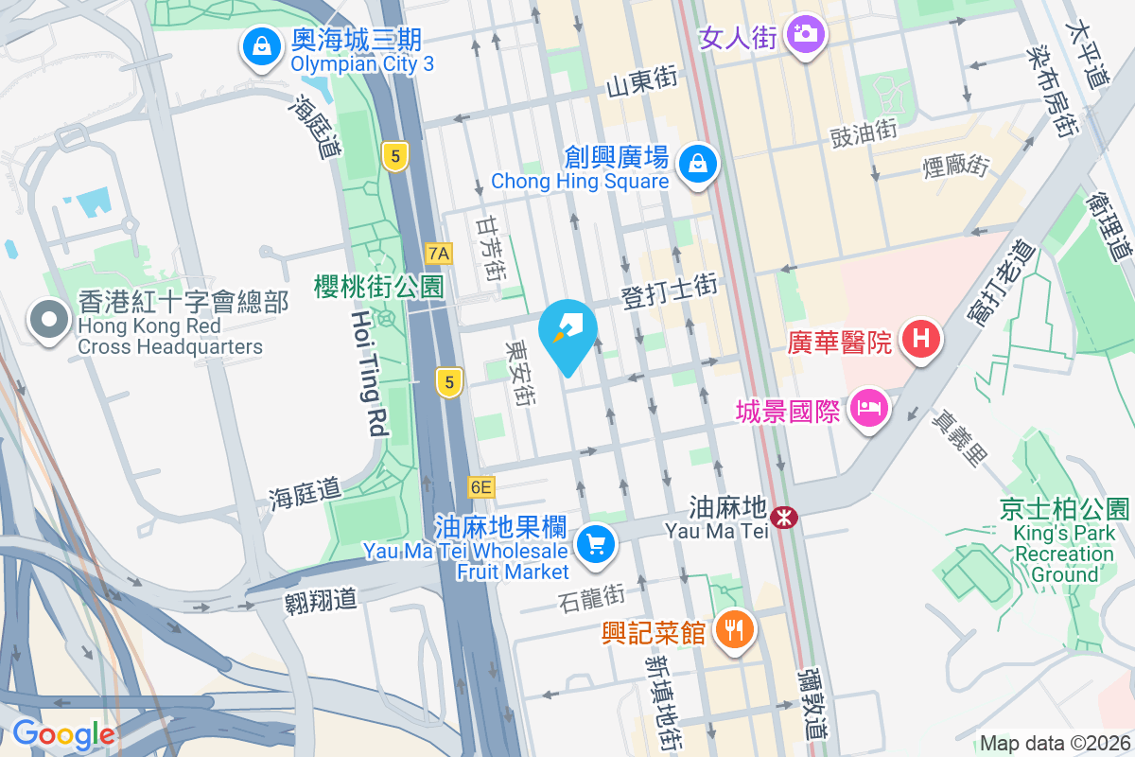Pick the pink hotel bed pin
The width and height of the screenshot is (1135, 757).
point(867,411)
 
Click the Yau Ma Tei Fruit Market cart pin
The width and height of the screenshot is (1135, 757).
point(595,546)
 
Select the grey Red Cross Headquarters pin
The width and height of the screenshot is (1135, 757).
point(45,322)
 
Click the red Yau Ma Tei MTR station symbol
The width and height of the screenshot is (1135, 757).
point(783,517)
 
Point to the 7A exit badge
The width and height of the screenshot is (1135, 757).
point(439,253)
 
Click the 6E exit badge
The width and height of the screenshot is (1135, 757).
point(480,487)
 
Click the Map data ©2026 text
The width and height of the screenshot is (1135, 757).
point(1054,744)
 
